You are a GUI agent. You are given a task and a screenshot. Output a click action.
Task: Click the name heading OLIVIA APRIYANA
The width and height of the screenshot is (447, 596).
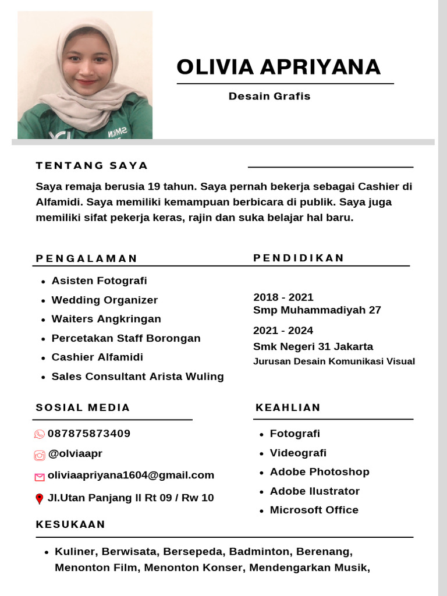278,68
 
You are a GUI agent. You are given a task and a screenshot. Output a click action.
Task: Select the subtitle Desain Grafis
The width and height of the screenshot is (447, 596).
269,96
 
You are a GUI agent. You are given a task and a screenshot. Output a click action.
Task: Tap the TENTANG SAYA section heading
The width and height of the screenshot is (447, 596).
92,165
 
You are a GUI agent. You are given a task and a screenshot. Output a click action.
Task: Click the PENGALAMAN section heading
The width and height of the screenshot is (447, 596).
87,258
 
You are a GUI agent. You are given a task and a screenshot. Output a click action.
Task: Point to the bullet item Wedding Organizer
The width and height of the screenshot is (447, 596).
105,300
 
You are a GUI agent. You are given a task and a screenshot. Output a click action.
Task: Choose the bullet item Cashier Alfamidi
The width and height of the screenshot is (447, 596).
97,357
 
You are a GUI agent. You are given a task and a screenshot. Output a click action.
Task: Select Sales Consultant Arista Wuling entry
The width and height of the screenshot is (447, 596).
137,377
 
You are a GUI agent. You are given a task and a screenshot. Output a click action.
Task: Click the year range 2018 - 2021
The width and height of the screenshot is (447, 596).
283,297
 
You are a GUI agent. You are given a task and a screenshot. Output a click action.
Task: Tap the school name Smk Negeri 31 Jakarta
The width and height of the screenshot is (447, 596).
313,347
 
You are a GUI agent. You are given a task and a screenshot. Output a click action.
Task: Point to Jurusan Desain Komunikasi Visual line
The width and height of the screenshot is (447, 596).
334,361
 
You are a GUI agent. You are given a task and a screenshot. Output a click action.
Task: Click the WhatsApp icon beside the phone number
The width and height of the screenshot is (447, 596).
40,434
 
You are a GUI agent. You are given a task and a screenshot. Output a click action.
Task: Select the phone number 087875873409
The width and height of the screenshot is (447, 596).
89,434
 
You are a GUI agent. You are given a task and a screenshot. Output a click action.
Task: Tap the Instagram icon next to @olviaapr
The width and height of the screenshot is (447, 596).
40,456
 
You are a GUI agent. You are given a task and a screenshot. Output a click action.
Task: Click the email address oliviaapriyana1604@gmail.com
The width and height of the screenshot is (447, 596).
131,476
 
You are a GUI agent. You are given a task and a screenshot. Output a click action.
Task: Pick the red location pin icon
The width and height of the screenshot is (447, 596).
40,499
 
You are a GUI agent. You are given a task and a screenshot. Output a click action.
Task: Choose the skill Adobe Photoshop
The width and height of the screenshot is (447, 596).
320,472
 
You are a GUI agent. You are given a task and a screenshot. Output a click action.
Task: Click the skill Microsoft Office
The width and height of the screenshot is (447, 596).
314,510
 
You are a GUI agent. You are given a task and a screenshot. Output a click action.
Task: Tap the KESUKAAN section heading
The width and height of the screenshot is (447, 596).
70,524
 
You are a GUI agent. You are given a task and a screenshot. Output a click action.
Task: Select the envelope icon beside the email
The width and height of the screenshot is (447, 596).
40,477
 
